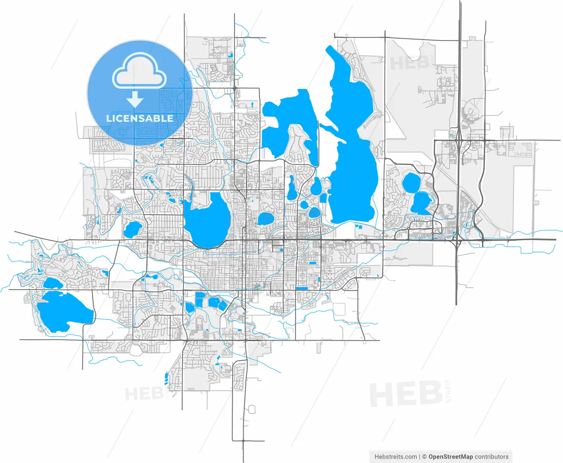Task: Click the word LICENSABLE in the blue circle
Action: [140, 118]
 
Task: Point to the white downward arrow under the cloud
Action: [135, 100]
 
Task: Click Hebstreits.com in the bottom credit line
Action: [396, 457]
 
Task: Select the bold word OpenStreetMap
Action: [450, 457]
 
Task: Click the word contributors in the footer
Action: [492, 457]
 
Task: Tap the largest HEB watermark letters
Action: [406, 394]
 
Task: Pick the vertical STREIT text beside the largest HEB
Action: [449, 390]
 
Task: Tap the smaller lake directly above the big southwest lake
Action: [53, 283]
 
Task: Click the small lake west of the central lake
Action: [132, 229]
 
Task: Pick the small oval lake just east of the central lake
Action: [265, 219]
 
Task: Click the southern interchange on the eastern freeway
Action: [457, 240]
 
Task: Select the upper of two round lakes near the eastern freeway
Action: [412, 182]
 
